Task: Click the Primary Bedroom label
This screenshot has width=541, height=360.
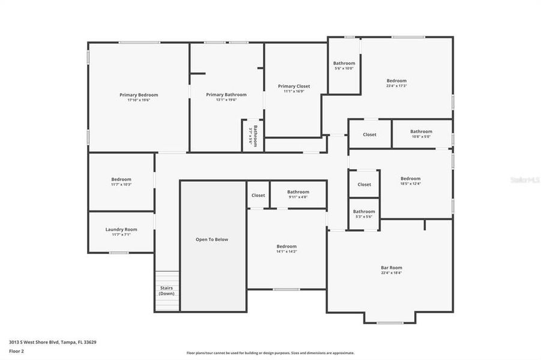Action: click(139, 95)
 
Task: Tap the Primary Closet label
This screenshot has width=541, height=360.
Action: click(294, 86)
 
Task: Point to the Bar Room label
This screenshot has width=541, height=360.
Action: click(391, 268)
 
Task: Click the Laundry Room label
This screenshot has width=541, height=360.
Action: click(121, 229)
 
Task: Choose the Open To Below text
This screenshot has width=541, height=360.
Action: click(212, 239)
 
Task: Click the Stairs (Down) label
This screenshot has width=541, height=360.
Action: click(166, 290)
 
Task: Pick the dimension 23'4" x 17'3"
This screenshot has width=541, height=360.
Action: click(396, 86)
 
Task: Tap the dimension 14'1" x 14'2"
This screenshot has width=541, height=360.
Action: click(286, 251)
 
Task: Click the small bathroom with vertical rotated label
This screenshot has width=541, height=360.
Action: click(253, 136)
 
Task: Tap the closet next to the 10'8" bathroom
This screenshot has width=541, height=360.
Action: click(369, 134)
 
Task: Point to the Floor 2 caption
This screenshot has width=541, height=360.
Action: click(17, 350)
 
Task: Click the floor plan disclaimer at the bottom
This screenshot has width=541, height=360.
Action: click(270, 353)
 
